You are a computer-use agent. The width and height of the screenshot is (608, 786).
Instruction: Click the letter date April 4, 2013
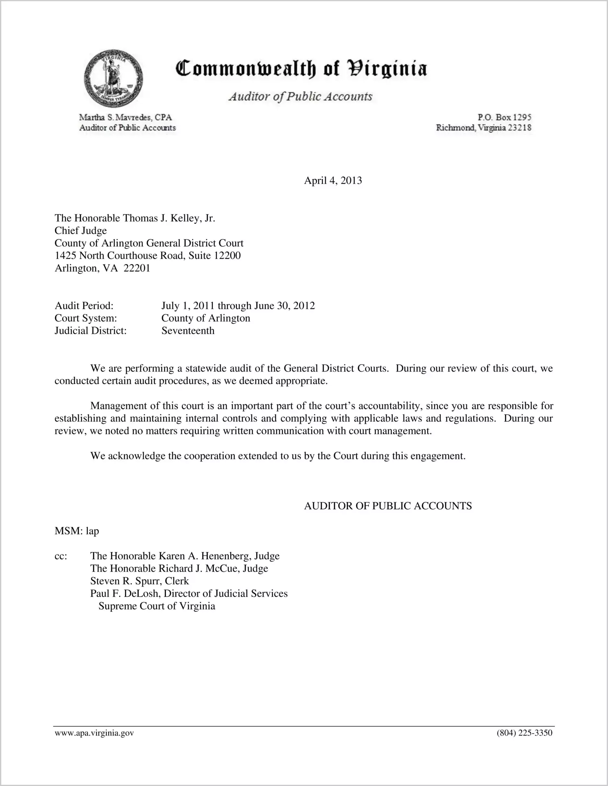[x=332, y=181]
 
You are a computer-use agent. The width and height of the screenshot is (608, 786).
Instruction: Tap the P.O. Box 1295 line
[x=504, y=117]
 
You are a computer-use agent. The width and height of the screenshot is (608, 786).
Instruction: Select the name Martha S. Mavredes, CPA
[x=125, y=118]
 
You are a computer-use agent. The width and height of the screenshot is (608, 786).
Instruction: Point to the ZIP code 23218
[x=520, y=128]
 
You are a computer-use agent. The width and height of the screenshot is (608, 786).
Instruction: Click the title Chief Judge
[x=81, y=231]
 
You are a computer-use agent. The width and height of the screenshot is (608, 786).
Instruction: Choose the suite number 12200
[x=227, y=256]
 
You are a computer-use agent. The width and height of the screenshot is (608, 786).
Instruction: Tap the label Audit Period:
[x=84, y=306]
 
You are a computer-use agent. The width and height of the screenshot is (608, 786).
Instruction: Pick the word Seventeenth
[x=188, y=331]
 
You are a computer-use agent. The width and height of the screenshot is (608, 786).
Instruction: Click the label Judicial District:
[x=90, y=331]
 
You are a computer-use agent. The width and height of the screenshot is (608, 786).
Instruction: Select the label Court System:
[x=85, y=318]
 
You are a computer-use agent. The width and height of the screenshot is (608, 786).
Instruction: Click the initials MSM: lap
[x=77, y=531]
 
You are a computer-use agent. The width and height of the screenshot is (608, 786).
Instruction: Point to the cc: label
[x=61, y=556]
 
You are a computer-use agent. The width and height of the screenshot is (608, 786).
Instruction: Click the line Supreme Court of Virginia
[x=157, y=606]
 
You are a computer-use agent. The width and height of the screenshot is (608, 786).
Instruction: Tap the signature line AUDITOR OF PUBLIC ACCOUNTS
[x=388, y=506]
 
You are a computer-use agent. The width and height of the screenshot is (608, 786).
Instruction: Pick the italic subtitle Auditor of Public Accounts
[x=300, y=96]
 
